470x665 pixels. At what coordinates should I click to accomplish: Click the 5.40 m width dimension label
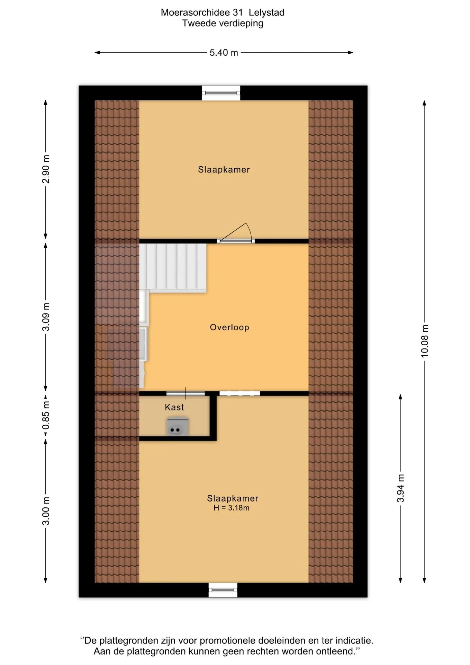pos(224,53)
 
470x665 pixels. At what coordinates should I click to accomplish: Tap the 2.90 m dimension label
pos(46,169)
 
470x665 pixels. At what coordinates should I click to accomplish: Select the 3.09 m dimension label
pos(46,317)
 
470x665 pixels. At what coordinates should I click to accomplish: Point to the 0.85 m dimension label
pos(46,415)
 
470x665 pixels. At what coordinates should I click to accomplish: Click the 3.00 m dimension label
pos(46,511)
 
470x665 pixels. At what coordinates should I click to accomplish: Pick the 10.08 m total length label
pos(424,341)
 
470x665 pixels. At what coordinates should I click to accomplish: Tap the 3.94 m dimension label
pos(400,488)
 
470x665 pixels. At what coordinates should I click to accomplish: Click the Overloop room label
pos(229,327)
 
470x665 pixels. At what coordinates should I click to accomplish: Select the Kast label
pos(174,407)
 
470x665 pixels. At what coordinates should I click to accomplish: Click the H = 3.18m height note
pos(232,508)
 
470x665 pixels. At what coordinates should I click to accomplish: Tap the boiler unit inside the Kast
pos(178,426)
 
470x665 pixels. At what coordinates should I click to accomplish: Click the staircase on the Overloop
pos(173,267)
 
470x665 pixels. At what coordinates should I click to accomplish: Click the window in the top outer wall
pos(221,93)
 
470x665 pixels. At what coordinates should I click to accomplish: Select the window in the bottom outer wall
pos(223,590)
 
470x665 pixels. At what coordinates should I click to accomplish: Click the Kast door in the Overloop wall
pos(186,393)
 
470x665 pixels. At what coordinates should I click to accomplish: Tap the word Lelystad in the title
pos(266,12)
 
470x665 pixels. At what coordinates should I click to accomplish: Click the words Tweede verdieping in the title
pos(223,23)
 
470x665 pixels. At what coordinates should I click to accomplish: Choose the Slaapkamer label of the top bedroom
pos(224,170)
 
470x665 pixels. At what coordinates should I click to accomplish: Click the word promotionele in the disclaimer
pos(228,641)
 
